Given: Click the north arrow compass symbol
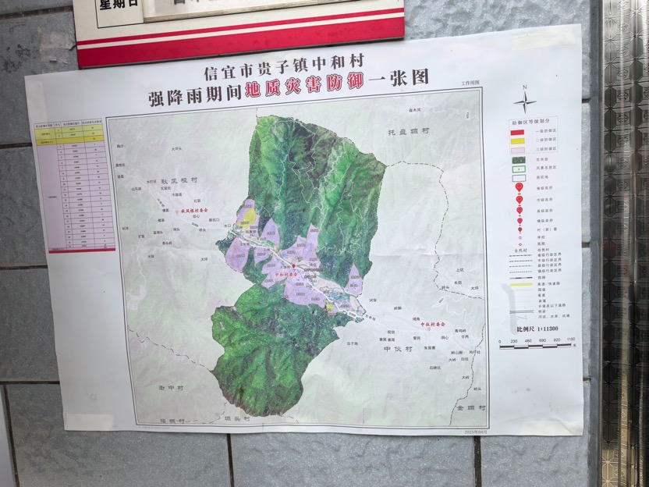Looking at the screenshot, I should [x=524, y=100].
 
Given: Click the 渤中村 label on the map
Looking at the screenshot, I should [x=170, y=386].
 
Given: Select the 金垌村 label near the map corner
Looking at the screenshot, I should [x=471, y=408].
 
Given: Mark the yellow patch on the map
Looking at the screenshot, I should [x=248, y=212].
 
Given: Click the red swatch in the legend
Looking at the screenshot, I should [x=516, y=133].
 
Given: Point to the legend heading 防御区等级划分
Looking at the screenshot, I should [x=531, y=123].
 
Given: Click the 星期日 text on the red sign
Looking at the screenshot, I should [x=117, y=5].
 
